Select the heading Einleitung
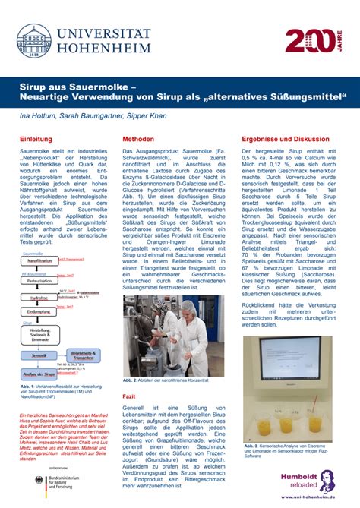pyautogui.click(x=36, y=140)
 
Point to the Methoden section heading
pyautogui.click(x=138, y=140)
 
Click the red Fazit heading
pyautogui.click(x=130, y=397)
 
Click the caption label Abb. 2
pyautogui.click(x=130, y=380)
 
